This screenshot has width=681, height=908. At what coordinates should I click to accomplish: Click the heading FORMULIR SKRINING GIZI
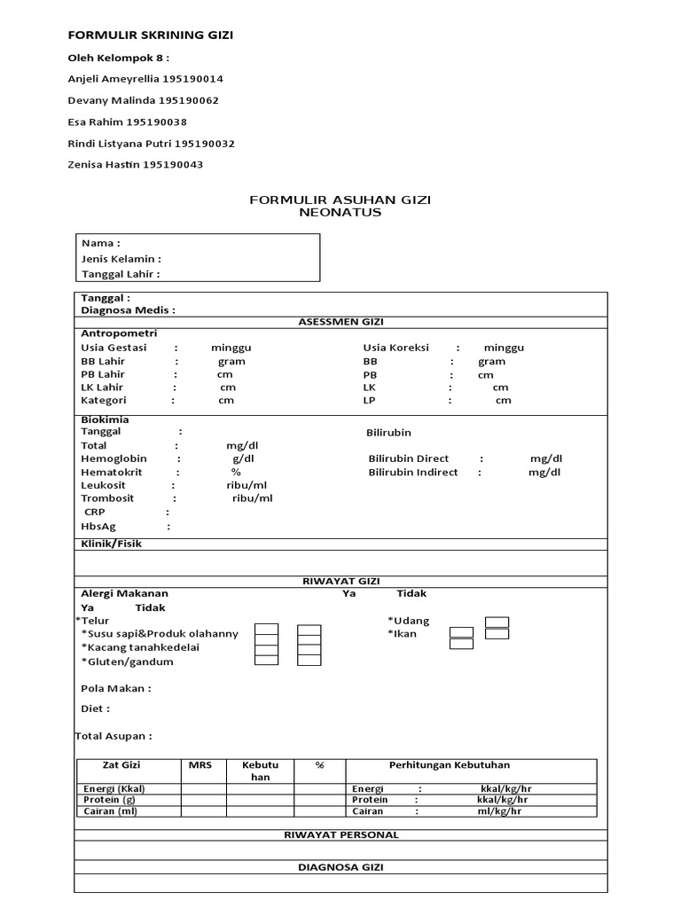151,35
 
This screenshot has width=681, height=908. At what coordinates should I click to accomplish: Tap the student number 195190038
156,121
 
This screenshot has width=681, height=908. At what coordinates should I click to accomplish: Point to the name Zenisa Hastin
104,164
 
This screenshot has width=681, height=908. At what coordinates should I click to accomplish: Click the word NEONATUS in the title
340,213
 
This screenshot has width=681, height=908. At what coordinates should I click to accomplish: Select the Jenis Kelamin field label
121,259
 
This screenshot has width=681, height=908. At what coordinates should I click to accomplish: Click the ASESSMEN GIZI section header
340,322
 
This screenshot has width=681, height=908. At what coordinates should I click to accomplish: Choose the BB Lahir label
103,361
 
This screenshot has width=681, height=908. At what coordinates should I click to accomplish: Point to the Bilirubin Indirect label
413,473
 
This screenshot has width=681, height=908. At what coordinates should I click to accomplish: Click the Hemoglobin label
113,459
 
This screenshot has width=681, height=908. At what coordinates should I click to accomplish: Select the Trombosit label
107,498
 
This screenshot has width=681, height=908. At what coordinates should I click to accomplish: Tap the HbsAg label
98,526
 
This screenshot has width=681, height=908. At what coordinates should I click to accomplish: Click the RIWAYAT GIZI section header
340,582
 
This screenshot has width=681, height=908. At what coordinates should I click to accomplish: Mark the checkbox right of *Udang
497,621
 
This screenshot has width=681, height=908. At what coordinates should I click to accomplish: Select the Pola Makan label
115,688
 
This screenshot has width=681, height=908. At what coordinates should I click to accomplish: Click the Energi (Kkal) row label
114,788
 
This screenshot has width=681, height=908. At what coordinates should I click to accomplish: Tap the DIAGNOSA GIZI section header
340,867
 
